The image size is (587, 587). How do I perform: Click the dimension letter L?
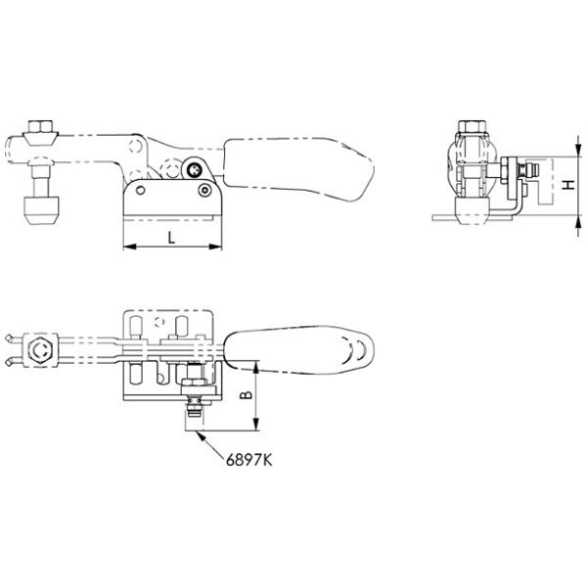pos(171,238)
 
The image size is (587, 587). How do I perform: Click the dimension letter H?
pos(569,185)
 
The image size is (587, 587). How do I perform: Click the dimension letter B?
pos(246,394)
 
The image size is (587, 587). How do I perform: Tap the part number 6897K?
pos(248,460)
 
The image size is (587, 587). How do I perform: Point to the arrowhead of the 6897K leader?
pos(201,435)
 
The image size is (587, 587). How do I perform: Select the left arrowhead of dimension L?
pos(129,247)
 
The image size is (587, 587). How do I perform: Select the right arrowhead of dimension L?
pos(215,247)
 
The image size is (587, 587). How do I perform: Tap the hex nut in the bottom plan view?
pos(40,350)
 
